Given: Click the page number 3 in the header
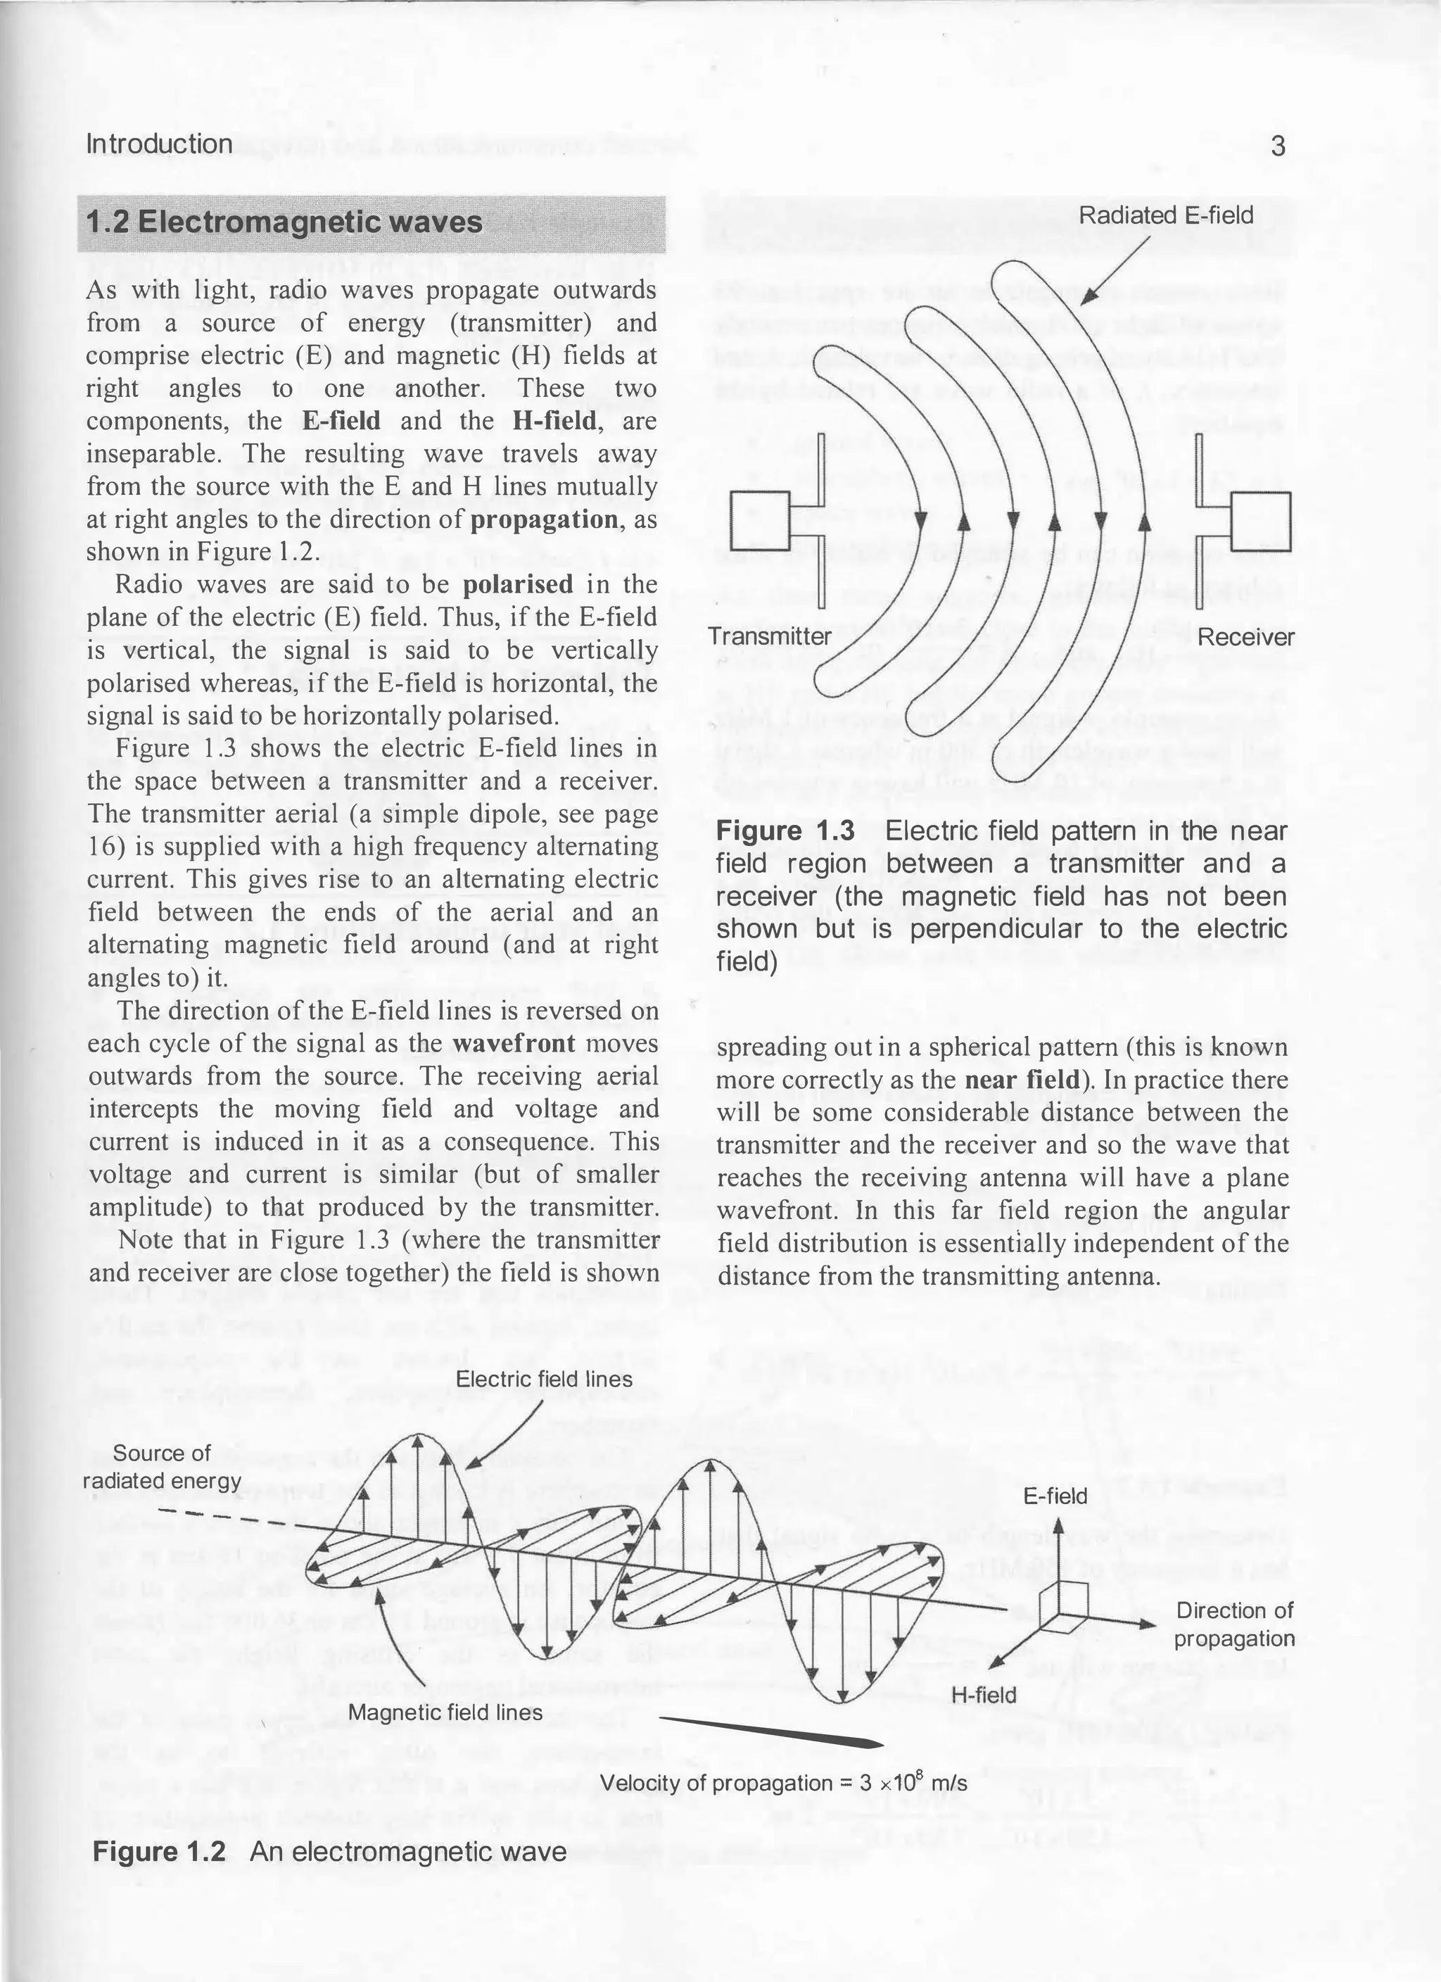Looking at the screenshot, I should (1278, 146).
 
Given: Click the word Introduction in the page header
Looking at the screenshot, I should (159, 144).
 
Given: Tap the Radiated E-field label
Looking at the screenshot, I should (1166, 215).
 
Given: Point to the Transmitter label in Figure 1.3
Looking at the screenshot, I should (770, 636).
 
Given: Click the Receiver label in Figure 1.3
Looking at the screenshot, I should (1245, 637).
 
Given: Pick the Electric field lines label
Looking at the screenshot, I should (545, 1379).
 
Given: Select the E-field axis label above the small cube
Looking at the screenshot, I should (1055, 1496).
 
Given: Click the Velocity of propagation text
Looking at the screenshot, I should (783, 1784).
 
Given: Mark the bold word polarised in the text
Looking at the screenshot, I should (517, 585).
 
